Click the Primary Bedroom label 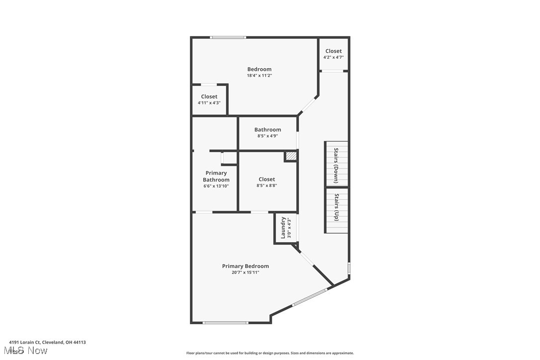point(245,266)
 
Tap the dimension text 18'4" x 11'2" point(260,76)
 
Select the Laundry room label point(283,227)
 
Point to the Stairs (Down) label point(336,166)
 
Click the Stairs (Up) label point(336,207)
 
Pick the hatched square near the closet point(291,156)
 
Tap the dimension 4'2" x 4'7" point(333,57)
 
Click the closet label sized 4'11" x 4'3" point(209,96)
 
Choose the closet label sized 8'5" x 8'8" point(267,179)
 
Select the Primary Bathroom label point(216,177)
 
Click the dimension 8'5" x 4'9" point(268,136)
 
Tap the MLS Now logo point(28,351)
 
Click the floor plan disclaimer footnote point(270,353)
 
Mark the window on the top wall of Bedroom point(227,37)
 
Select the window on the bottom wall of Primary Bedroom point(225,323)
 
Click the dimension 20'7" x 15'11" point(245,272)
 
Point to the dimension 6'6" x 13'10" point(216,186)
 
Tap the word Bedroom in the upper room point(260,69)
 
